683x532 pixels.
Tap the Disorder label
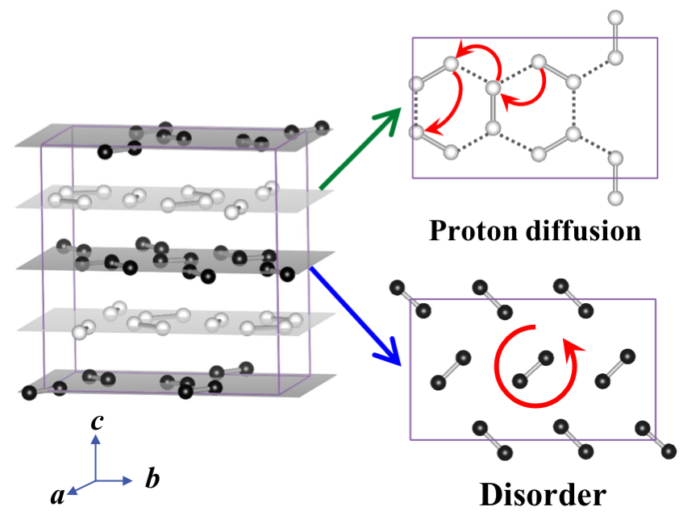pos(542,494)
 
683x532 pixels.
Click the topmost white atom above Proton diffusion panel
pos(616,17)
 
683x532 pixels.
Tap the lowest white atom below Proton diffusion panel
pos(616,197)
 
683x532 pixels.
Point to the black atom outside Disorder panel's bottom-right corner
pos(668,455)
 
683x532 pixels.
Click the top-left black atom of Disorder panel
pos(396,287)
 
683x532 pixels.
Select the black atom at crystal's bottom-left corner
pos(30,393)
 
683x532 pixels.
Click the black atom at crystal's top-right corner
pos(323,126)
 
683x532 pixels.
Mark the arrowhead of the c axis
pos(96,439)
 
